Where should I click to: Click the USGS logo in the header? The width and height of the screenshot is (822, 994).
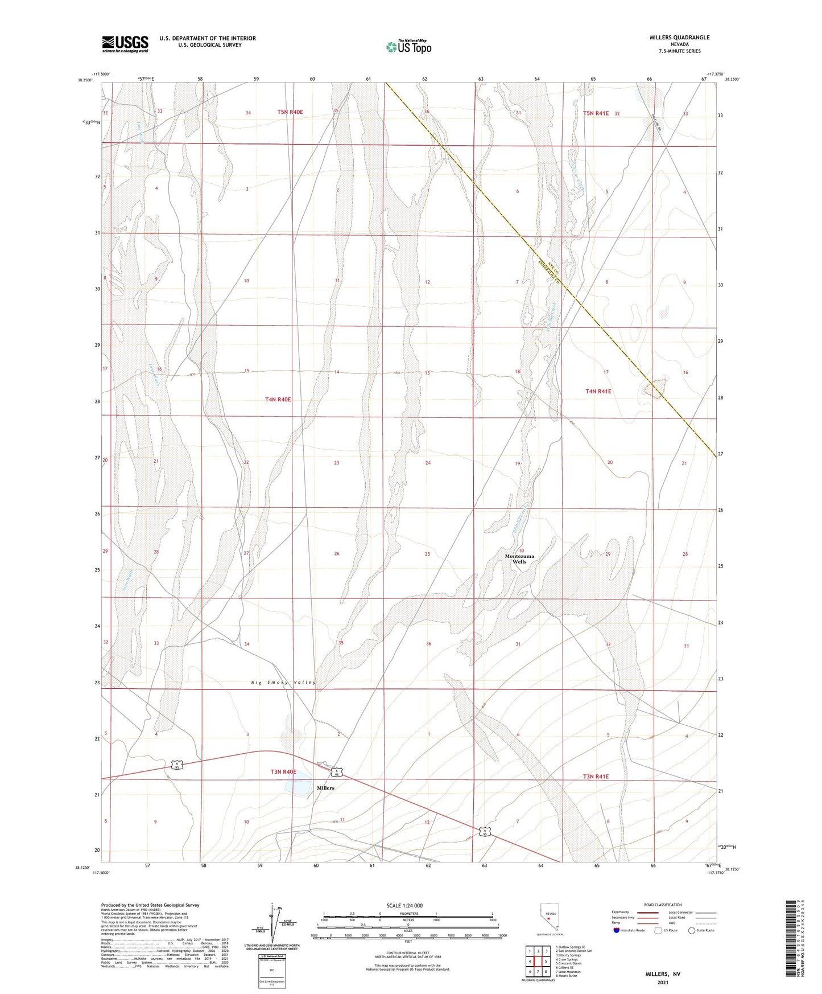[125, 43]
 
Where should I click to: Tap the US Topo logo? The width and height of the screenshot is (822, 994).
[408, 47]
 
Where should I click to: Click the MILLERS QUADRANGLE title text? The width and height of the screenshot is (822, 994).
[679, 38]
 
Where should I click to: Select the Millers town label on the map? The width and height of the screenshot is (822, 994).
[325, 788]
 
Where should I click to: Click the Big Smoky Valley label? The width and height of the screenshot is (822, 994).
[283, 682]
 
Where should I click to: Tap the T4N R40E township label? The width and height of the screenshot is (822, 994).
[278, 400]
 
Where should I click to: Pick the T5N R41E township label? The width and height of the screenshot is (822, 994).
[596, 113]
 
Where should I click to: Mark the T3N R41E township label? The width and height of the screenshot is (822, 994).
[596, 777]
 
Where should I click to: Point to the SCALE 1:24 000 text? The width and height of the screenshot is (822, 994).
[404, 905]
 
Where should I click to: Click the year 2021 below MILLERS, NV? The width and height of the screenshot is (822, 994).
[662, 983]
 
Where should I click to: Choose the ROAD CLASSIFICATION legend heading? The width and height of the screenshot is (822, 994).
[663, 905]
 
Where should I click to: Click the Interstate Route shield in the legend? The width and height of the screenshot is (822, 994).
[617, 930]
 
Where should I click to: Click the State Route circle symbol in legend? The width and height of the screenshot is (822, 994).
[691, 930]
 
